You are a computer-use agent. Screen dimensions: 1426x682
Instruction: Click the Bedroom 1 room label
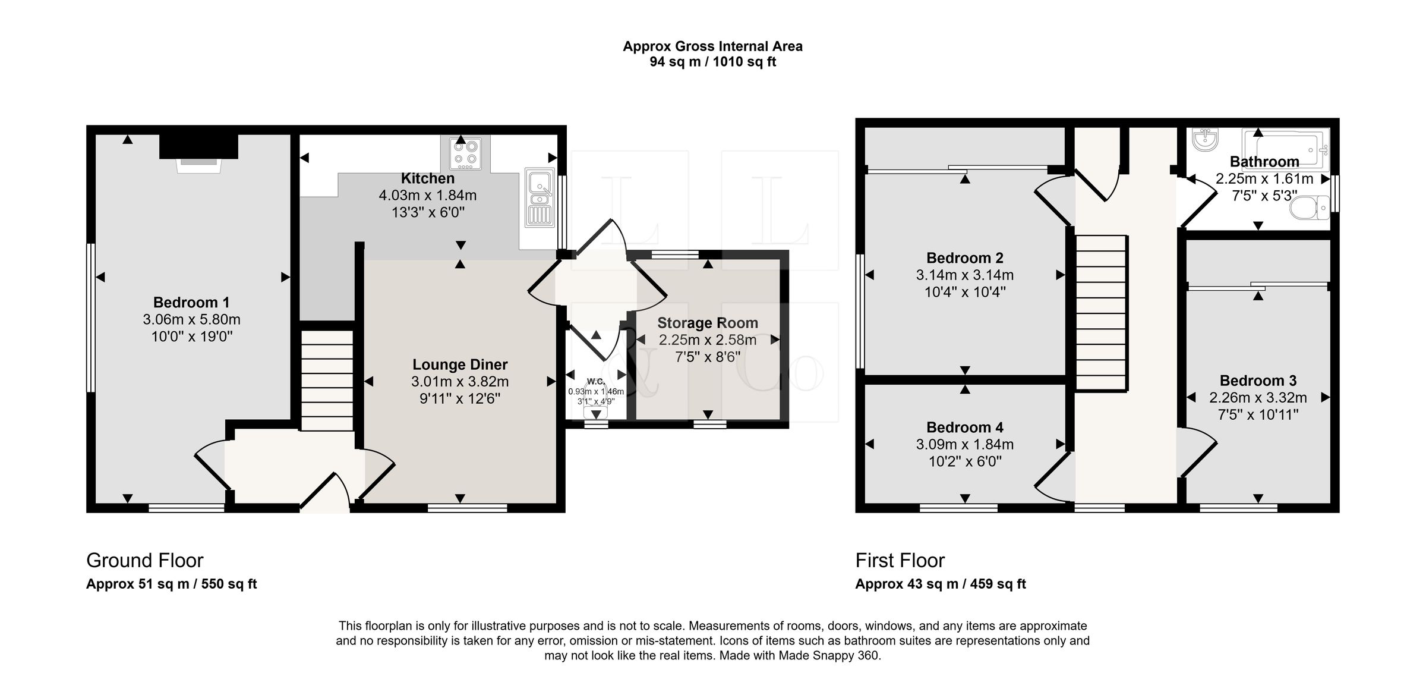(191, 302)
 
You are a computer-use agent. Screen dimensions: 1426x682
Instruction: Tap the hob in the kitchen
(465, 153)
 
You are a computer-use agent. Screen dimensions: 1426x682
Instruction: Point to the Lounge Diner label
(460, 364)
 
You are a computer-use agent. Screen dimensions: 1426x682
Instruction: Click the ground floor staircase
(327, 380)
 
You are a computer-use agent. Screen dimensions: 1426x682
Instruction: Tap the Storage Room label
(708, 323)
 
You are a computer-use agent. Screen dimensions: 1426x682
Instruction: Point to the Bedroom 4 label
(965, 427)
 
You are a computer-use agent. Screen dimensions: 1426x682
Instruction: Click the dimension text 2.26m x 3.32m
(1258, 398)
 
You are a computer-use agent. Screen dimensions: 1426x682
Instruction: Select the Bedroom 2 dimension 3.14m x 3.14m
(965, 275)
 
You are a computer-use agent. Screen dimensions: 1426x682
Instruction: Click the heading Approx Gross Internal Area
(712, 46)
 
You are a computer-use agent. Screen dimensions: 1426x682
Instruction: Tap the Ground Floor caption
(145, 560)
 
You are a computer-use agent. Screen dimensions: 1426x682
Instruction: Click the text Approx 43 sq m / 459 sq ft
(941, 584)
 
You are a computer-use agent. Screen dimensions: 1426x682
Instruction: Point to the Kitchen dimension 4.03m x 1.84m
(428, 195)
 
